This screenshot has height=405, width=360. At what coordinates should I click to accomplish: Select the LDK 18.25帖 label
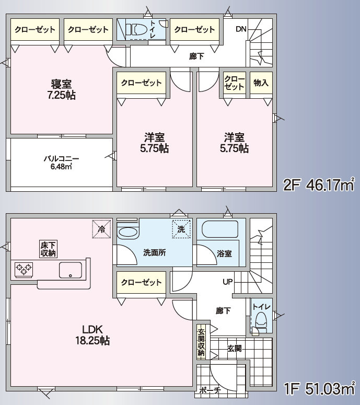tap(95, 334)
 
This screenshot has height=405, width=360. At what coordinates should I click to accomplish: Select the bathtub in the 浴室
tap(219, 230)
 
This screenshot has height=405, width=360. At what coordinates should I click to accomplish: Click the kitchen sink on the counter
tap(70, 270)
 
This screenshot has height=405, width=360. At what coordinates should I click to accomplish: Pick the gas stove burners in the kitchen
tap(24, 270)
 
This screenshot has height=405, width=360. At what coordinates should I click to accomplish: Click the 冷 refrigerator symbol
tap(101, 228)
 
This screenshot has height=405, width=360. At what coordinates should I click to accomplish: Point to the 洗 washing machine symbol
tap(181, 228)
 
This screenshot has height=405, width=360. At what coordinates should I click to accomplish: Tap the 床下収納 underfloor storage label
tap(47, 249)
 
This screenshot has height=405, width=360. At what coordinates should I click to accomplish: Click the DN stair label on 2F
tap(240, 29)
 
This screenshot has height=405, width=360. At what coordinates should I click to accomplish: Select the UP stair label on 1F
tap(227, 282)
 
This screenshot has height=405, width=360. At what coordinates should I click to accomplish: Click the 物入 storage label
tap(261, 83)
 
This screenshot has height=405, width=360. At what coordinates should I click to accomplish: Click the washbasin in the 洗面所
tap(127, 230)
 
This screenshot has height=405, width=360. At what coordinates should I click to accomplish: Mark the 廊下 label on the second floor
tap(196, 56)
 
